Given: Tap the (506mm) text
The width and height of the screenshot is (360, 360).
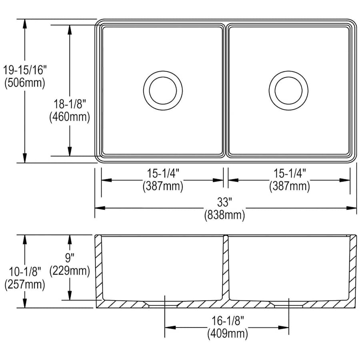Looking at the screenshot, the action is tap(25, 83).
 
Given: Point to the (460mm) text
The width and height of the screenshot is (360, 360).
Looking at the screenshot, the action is tap(70, 117).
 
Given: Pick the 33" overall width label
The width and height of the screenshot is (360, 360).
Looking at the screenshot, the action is tap(224, 202).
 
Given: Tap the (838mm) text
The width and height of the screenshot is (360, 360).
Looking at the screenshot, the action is tap(224, 215).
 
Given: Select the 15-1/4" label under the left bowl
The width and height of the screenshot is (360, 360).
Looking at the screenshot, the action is tap(163, 173).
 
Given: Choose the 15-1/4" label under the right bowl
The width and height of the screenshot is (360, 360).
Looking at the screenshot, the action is tap(290, 173).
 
